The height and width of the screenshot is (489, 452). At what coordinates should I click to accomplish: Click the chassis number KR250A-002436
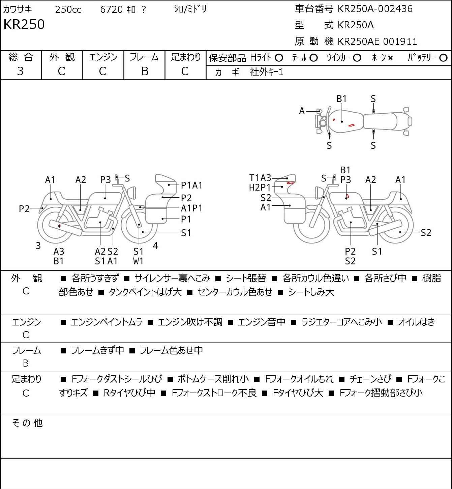[375, 9]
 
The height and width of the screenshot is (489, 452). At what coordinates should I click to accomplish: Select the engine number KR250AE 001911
[378, 41]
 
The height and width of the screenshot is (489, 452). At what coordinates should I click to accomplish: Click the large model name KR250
[24, 24]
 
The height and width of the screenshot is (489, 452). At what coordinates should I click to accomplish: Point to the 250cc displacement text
[68, 9]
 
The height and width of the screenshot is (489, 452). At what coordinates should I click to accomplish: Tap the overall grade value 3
[20, 71]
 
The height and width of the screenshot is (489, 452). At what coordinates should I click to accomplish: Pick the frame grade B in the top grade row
[145, 71]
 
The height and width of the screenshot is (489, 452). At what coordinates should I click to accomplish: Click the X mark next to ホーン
[390, 58]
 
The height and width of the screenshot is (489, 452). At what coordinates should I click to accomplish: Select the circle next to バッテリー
[443, 58]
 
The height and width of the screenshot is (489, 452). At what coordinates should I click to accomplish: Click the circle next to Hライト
[279, 58]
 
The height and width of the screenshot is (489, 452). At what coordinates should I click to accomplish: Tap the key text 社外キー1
[267, 72]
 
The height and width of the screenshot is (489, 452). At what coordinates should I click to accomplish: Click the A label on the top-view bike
[302, 111]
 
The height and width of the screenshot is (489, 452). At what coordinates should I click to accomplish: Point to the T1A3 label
[260, 177]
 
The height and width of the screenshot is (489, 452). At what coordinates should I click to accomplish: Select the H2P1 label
[260, 188]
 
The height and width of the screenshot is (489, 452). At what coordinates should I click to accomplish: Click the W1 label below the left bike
[138, 261]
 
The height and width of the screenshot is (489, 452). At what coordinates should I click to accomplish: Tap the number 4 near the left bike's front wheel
[155, 246]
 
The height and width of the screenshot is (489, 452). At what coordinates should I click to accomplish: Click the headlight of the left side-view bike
[132, 193]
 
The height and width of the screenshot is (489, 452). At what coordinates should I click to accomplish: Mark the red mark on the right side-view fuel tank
[348, 196]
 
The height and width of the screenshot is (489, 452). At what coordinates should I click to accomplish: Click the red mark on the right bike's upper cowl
[291, 183]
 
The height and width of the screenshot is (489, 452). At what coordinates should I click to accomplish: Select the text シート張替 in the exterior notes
[246, 278]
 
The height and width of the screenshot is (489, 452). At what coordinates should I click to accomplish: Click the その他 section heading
[27, 423]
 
